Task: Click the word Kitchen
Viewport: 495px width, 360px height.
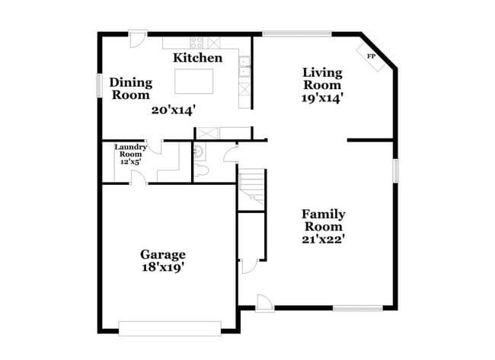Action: click(x=197, y=58)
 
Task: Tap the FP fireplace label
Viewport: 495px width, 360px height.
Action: click(x=372, y=57)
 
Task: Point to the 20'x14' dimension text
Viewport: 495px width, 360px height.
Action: click(x=174, y=110)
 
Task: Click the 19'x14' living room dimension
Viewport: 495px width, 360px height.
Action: click(x=323, y=97)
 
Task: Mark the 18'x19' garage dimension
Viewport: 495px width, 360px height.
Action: click(x=163, y=267)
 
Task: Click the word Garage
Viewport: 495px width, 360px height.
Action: click(x=163, y=254)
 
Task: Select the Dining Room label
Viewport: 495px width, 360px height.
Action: click(x=131, y=88)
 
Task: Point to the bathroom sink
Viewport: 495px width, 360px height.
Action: click(x=199, y=151)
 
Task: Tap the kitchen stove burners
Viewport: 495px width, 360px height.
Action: click(x=197, y=43)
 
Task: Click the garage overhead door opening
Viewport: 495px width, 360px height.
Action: click(x=170, y=328)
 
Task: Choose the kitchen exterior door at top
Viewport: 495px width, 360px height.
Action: click(x=138, y=38)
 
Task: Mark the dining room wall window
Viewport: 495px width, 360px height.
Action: click(x=98, y=84)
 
